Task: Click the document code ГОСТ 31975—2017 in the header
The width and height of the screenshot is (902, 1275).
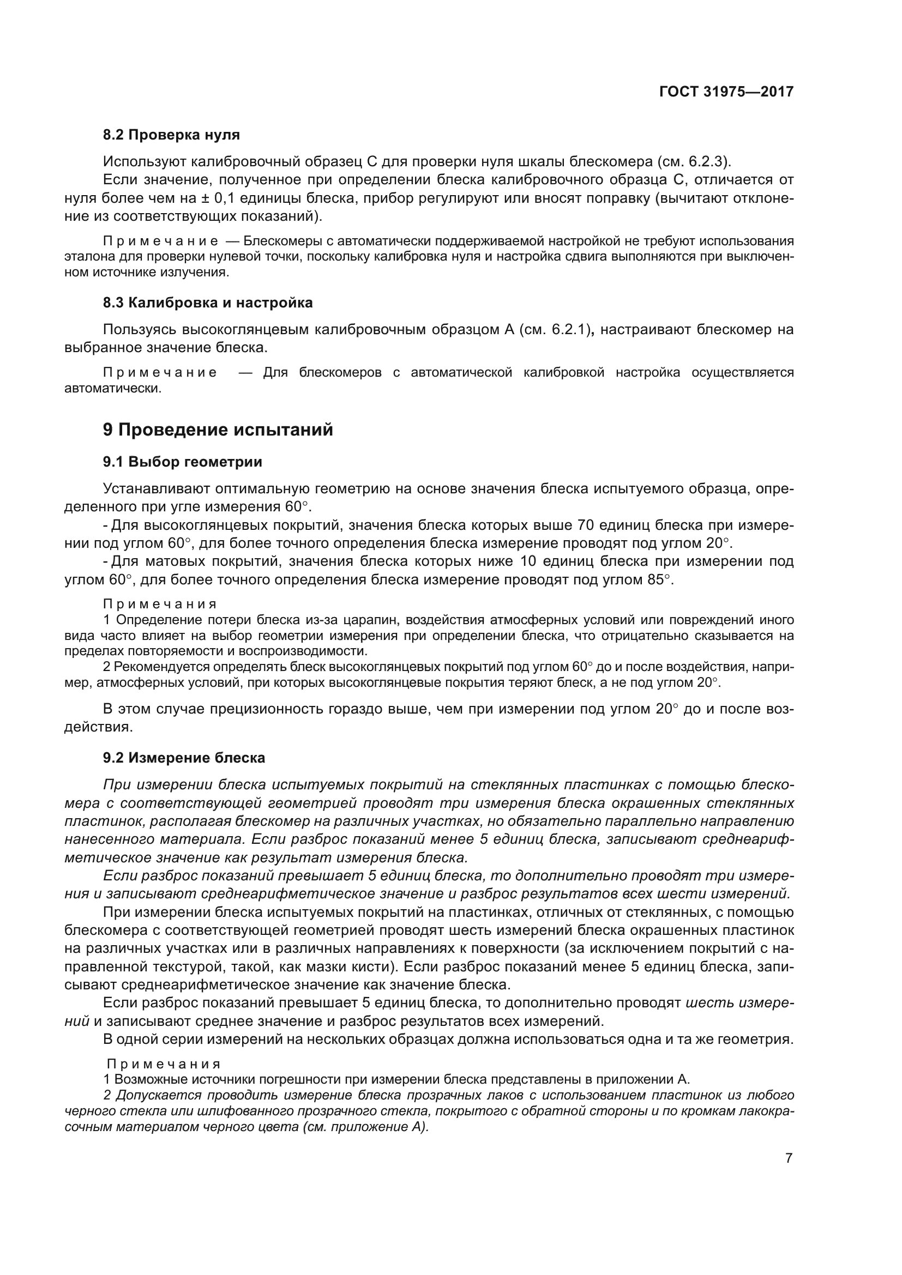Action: [x=726, y=92]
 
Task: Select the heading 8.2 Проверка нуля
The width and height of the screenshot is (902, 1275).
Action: [x=172, y=135]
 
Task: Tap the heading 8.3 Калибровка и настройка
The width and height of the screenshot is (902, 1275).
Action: [x=208, y=303]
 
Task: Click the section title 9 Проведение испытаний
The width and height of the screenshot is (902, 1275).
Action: [x=218, y=430]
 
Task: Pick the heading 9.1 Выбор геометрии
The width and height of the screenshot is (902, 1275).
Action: [x=183, y=462]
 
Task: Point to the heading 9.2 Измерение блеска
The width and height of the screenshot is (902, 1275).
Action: [x=184, y=758]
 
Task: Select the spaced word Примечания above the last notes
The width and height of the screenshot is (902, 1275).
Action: [x=163, y=1064]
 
